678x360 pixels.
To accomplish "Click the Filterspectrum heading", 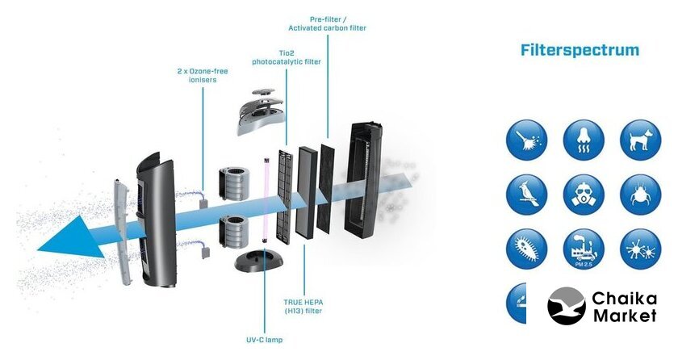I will click(x=580, y=50).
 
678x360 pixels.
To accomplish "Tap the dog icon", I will click(x=640, y=140).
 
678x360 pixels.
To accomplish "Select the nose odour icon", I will click(x=584, y=140).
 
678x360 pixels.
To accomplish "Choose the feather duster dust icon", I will click(x=527, y=140).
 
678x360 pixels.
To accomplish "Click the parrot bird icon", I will click(x=527, y=194).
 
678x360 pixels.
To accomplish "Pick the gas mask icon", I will click(x=584, y=194).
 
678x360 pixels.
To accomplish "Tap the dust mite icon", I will click(x=640, y=194).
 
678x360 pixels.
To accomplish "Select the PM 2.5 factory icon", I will click(x=584, y=249).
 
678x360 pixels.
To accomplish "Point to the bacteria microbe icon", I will click(x=527, y=249).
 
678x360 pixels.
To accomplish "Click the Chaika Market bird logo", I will click(x=567, y=306).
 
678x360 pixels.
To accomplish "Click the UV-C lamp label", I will click(x=266, y=339).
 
